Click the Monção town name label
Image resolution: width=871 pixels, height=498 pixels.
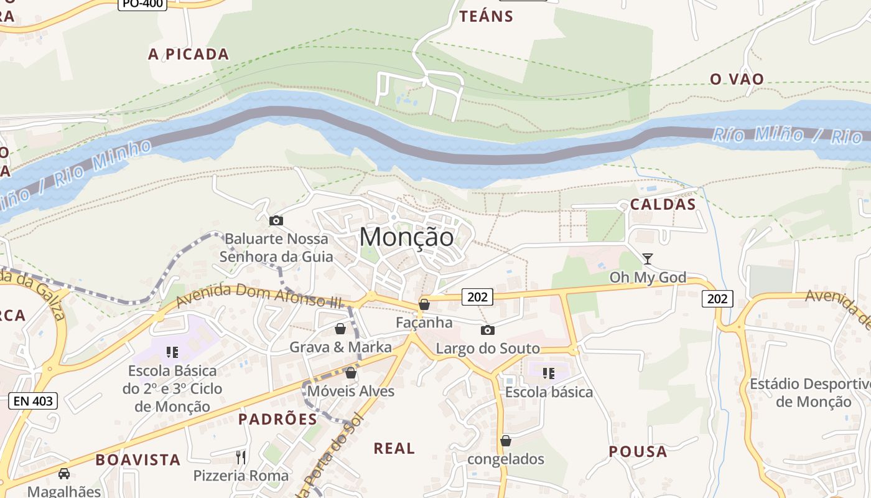[407, 237]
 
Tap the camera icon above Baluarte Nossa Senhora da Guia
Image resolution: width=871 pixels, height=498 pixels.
[276, 220]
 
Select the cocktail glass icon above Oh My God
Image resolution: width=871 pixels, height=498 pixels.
[648, 258]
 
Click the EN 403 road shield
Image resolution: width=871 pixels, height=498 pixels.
[33, 401]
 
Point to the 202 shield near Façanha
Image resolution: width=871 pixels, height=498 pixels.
[477, 297]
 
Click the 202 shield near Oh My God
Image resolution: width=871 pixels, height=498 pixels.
[717, 299]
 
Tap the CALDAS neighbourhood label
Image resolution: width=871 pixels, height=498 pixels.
[663, 204]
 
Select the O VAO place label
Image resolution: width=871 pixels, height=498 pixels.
[737, 79]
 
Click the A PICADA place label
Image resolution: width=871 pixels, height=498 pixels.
[189, 54]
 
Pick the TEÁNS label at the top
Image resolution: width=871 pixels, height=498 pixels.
[486, 16]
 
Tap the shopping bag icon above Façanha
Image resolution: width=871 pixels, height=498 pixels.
[424, 304]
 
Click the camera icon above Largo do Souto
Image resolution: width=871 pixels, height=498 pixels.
[488, 330]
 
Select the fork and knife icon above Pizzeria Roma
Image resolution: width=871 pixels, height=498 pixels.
[241, 458]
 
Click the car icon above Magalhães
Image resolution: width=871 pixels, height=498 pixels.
[64, 474]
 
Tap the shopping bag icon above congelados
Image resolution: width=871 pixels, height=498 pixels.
[506, 441]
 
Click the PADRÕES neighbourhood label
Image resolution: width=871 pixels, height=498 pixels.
[277, 419]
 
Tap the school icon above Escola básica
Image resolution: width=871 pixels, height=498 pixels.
[548, 374]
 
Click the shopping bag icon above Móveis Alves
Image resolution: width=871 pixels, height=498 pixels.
[351, 373]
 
